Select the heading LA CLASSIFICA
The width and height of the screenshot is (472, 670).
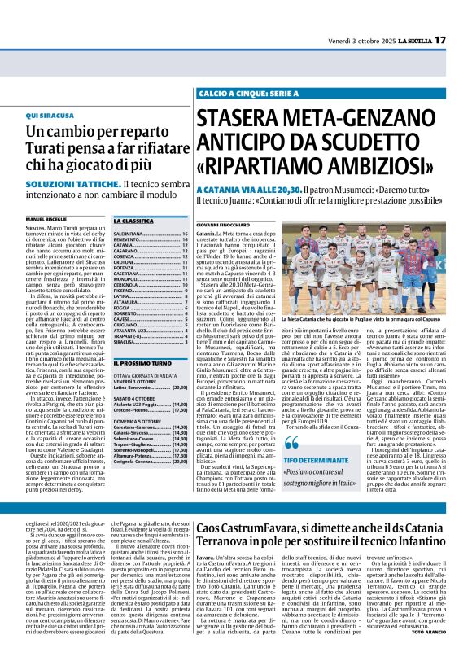pos(133,221)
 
